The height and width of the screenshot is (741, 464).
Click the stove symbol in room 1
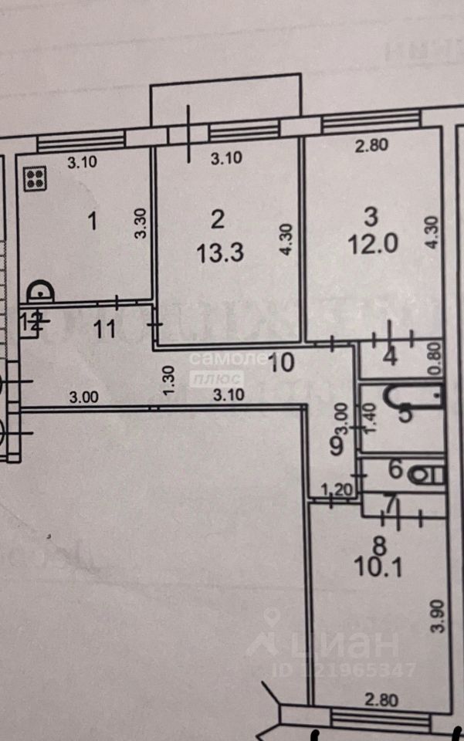click(35, 180)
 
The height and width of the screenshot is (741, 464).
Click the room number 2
click(218, 220)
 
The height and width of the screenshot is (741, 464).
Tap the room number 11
click(104, 330)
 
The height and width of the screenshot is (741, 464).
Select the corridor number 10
click(283, 361)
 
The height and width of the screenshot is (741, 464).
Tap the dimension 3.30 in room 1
click(140, 224)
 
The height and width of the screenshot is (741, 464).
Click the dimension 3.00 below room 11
click(83, 398)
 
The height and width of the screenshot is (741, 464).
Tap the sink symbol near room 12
click(39, 293)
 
